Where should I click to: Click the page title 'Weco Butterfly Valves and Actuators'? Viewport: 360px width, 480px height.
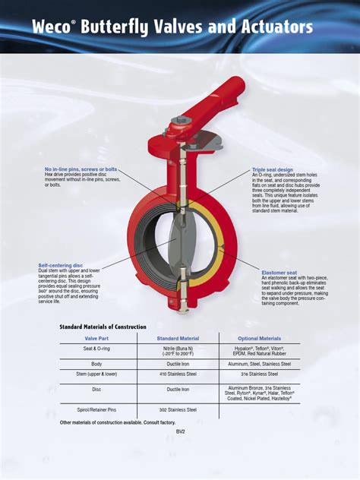click(x=172, y=28)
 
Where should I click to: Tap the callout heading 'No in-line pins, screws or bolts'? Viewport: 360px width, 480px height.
click(x=81, y=169)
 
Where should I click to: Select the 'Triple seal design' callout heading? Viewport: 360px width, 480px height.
click(x=273, y=169)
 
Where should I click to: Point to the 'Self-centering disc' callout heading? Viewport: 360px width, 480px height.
click(x=61, y=265)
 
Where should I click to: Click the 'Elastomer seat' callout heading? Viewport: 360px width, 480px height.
click(x=279, y=272)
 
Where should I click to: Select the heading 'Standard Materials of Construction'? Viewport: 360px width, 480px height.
click(x=103, y=326)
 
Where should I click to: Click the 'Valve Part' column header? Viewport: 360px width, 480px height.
click(x=96, y=339)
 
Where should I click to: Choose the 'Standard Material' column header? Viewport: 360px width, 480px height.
click(x=178, y=339)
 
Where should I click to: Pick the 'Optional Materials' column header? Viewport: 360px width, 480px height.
click(x=259, y=339)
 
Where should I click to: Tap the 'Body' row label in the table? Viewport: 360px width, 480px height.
click(x=96, y=364)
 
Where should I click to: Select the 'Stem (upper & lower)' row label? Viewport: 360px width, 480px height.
click(x=96, y=374)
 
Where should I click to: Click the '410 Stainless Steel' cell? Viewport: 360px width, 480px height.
click(x=178, y=374)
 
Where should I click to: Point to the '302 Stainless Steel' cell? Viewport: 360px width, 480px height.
click(x=178, y=409)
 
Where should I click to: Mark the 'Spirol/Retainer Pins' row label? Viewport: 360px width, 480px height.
click(x=96, y=409)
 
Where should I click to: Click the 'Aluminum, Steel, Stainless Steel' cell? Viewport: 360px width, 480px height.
click(x=259, y=364)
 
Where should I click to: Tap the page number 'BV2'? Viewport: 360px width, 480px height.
click(x=180, y=431)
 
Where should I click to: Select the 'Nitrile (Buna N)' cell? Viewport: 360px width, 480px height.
click(x=178, y=348)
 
